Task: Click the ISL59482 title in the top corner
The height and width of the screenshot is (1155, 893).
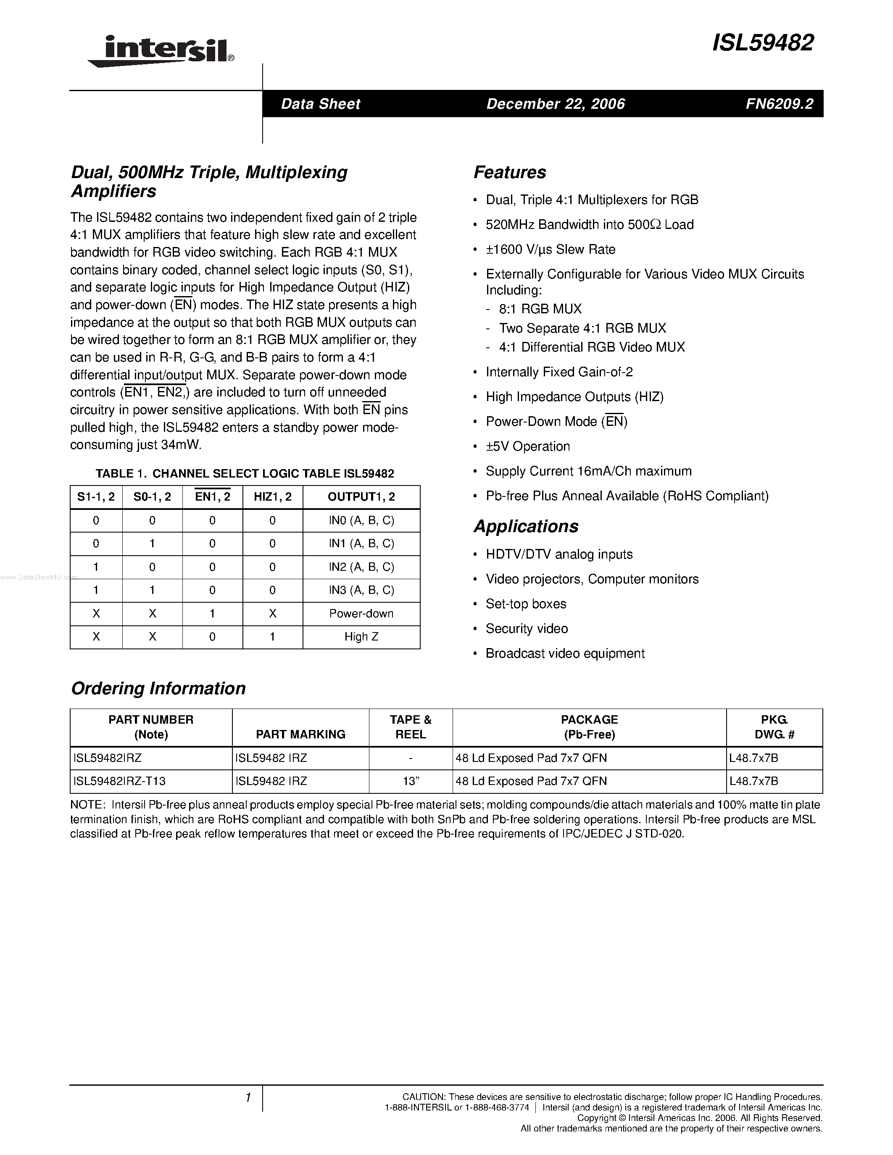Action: (762, 43)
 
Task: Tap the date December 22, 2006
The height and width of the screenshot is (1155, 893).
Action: (556, 104)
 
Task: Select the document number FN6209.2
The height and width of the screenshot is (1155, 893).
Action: (779, 104)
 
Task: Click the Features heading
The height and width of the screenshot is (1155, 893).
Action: (509, 172)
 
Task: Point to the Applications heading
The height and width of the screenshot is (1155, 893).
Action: (526, 526)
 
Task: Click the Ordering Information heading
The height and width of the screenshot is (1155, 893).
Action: (158, 688)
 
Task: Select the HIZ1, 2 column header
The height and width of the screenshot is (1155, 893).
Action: (272, 496)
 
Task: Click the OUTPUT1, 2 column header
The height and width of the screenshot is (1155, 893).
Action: (361, 496)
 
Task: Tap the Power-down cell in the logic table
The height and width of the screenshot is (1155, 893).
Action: (361, 614)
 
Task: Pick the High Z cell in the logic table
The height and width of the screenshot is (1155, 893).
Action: (361, 637)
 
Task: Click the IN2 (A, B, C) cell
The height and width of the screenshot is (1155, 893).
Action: (361, 567)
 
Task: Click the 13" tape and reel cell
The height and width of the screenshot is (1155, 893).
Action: (411, 781)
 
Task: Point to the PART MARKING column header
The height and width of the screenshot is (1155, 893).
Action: (300, 734)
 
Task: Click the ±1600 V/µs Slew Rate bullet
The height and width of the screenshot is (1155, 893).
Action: (550, 249)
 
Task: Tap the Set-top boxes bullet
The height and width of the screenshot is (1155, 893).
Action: (526, 604)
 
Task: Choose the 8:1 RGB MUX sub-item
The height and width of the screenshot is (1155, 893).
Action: (540, 309)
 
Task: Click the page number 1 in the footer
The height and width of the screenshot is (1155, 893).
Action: (248, 1097)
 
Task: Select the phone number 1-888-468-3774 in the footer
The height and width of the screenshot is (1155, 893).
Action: (497, 1108)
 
